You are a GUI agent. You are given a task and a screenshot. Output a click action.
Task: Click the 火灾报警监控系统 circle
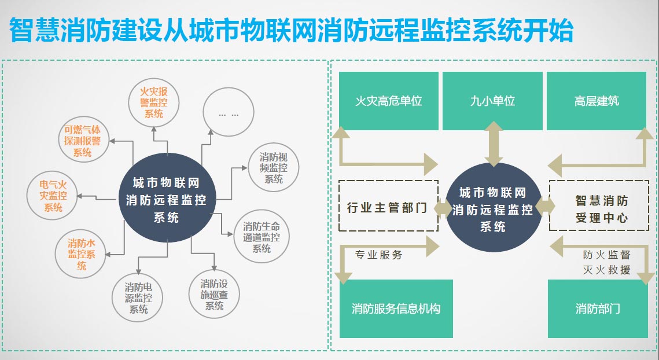click(154, 102)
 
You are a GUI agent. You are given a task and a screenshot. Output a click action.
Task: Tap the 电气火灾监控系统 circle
click(53, 195)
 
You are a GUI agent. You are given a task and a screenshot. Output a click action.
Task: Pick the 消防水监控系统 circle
click(82, 255)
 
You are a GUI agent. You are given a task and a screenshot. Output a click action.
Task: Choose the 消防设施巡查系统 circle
click(215, 294)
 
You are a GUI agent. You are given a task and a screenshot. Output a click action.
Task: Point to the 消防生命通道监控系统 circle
click(262, 236)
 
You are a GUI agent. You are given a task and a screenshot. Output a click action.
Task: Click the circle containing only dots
click(229, 113)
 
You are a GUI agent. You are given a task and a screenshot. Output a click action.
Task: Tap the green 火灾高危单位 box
click(388, 101)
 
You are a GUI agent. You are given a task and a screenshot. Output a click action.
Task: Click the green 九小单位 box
click(492, 101)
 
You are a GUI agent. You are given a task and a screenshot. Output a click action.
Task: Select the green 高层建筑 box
click(597, 101)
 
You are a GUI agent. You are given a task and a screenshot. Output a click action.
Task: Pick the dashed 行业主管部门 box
click(388, 207)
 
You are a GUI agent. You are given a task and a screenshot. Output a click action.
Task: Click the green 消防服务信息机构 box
click(396, 308)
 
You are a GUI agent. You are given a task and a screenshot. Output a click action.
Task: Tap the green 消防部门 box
click(598, 308)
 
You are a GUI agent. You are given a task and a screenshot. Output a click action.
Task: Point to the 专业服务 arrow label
click(378, 255)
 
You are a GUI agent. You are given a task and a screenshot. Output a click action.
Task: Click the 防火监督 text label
click(606, 255)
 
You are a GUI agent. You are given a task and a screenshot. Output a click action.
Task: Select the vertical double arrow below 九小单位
click(494, 143)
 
